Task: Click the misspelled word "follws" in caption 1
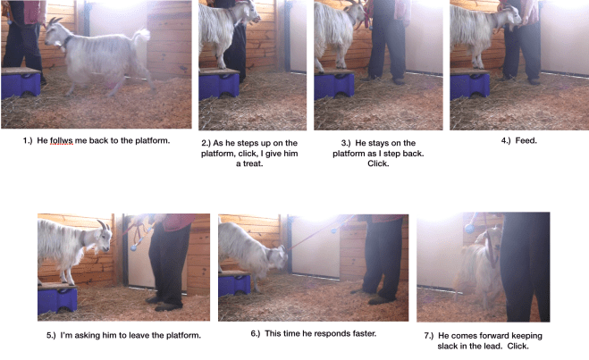click(62, 141)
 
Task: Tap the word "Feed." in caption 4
click(526, 141)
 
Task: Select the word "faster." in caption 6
click(363, 333)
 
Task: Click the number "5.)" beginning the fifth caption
click(51, 335)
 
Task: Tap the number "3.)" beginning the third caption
click(346, 143)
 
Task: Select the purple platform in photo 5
click(57, 298)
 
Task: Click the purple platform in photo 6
click(234, 284)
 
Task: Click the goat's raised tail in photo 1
click(141, 37)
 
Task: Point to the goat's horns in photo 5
click(104, 225)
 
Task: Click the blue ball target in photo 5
click(133, 247)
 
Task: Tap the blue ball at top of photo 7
click(469, 228)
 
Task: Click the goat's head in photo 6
click(278, 258)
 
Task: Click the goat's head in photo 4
click(512, 15)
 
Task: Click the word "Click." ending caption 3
click(378, 163)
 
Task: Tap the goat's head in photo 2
click(249, 12)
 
